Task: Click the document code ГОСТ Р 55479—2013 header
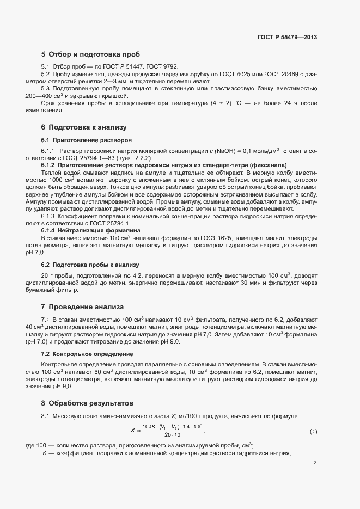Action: (286, 38)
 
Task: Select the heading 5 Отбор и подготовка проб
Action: (90, 54)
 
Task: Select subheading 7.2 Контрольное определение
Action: (79, 354)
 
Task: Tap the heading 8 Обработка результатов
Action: (87, 403)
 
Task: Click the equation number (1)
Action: (313, 432)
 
